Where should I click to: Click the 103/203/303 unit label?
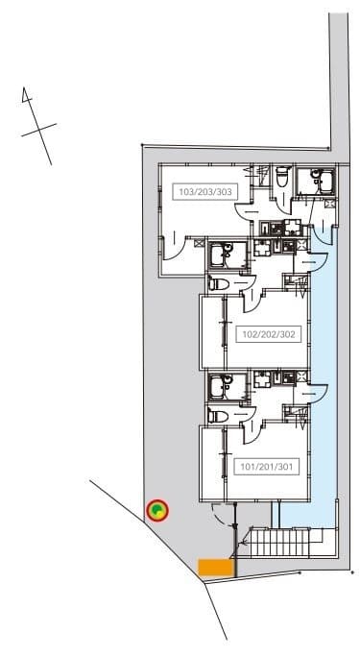point(205,192)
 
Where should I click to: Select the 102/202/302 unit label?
point(269,334)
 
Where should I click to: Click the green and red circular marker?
point(157,510)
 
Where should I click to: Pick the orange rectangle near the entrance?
point(215,568)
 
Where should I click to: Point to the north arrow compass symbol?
point(37,126)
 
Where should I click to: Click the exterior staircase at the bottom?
point(281,543)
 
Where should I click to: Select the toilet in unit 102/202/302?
point(219,284)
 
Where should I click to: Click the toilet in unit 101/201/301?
point(219,416)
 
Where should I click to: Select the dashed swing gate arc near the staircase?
point(221,514)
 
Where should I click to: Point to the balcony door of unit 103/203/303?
point(173,246)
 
